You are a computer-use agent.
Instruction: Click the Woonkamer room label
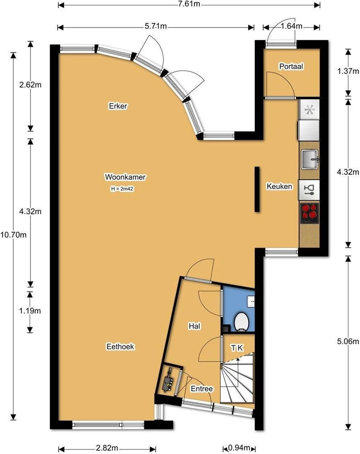(125, 177)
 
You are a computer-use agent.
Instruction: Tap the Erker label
(118, 105)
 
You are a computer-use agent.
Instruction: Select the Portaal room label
(291, 66)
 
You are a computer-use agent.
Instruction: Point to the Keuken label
(279, 186)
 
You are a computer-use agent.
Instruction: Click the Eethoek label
(120, 346)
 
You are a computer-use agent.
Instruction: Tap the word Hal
(194, 326)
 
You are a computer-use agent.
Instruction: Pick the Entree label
(202, 388)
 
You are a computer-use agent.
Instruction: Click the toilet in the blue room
(242, 321)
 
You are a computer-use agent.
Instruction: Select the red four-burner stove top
(310, 213)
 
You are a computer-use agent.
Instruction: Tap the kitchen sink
(310, 159)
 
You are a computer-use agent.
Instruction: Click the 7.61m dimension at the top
(189, 4)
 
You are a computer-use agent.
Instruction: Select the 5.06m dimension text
(348, 341)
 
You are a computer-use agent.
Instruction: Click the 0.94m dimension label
(239, 448)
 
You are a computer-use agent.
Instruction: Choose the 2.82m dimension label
(107, 448)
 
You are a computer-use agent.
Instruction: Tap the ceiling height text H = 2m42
(122, 189)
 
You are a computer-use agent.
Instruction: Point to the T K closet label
(237, 348)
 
